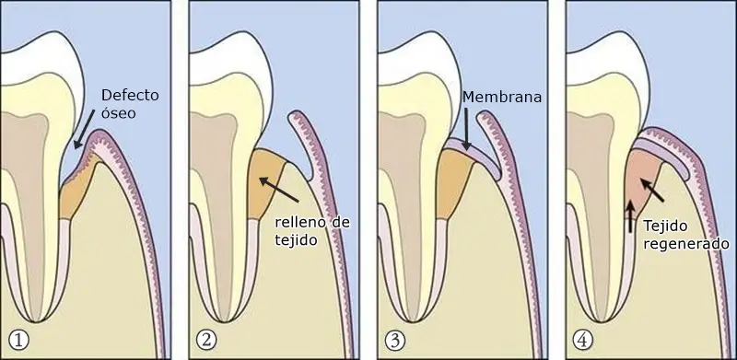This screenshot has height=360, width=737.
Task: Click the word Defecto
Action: (130, 96)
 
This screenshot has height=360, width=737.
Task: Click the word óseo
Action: (119, 113)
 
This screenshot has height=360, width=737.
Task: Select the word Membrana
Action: (502, 97)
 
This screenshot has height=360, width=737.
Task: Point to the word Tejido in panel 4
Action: (666, 226)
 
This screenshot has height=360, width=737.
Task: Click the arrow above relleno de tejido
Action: (279, 190)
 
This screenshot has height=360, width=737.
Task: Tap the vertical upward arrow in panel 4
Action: (630, 216)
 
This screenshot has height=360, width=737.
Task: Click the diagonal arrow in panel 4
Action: (652, 190)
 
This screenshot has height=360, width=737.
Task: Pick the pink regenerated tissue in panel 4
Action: (643, 181)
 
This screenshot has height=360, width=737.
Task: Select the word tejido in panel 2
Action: (294, 240)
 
